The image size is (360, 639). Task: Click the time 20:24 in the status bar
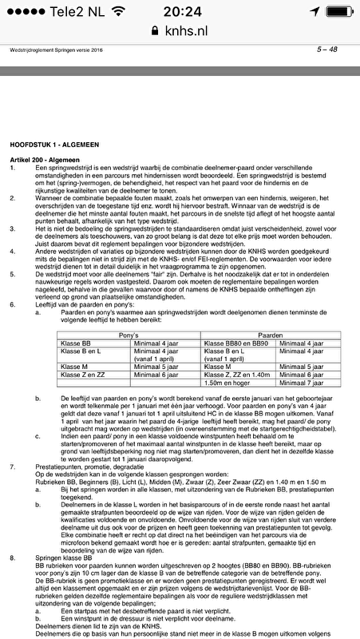pos(180,10)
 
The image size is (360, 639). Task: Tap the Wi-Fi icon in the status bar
pos(119,10)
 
